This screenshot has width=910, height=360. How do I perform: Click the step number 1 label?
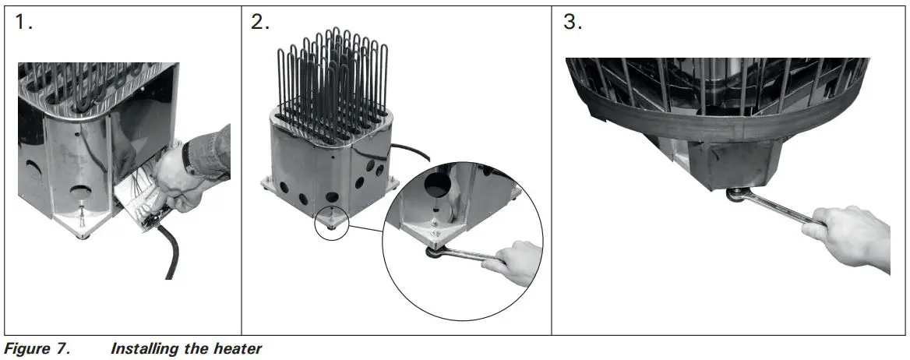click(x=23, y=23)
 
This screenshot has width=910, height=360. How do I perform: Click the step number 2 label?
click(x=260, y=23)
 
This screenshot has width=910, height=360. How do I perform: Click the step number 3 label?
click(x=572, y=23)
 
